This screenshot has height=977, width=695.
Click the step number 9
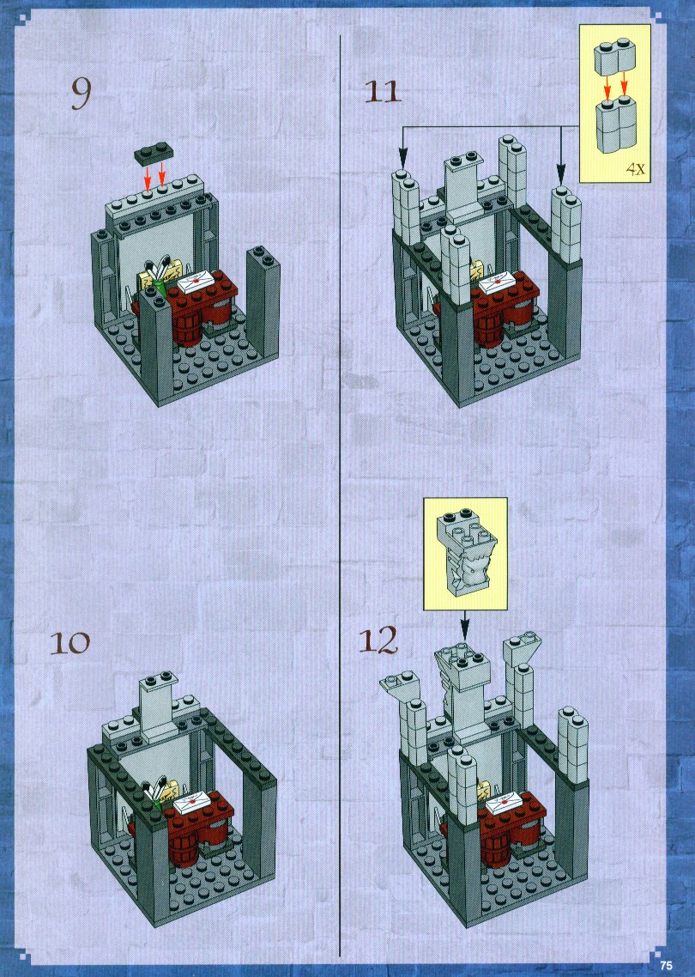click(x=81, y=94)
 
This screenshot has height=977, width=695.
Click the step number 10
click(x=70, y=642)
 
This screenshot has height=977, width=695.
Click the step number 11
click(x=383, y=92)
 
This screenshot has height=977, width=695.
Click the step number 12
click(x=378, y=640)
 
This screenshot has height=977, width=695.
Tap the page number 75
click(x=667, y=965)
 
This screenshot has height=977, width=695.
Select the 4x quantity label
click(x=635, y=168)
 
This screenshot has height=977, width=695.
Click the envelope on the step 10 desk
click(x=194, y=801)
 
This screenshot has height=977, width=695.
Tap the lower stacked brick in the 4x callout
click(x=617, y=124)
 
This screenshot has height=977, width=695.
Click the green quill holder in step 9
click(x=161, y=288)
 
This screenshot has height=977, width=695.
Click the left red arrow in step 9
click(x=148, y=176)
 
